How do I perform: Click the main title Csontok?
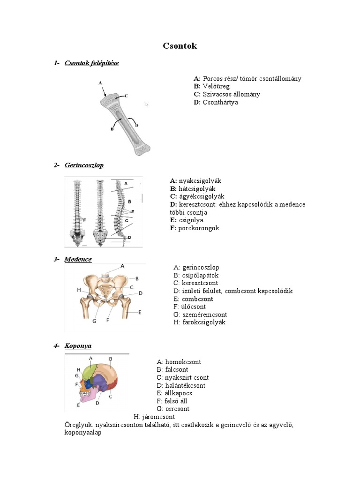coord(180,46)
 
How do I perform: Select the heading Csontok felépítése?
coord(91,63)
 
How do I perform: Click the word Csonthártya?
coord(220,102)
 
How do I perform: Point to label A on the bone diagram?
coord(100,83)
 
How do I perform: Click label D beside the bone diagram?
coord(136,125)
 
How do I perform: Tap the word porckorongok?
coord(199,228)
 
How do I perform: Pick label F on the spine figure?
coord(85,219)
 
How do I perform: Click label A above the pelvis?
coord(123,265)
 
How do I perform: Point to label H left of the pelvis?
coord(79,290)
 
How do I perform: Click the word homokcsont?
coord(183,362)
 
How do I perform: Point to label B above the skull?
coord(111,359)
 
